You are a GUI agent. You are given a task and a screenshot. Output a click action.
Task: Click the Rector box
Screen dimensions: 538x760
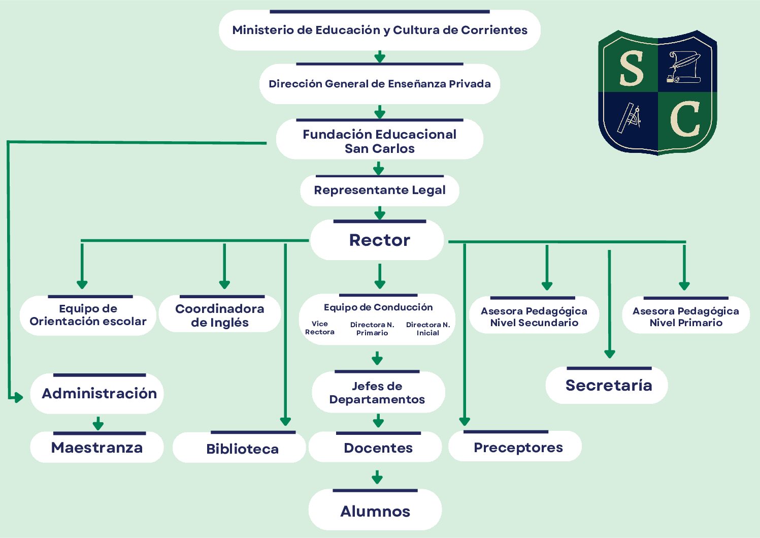click(379, 240)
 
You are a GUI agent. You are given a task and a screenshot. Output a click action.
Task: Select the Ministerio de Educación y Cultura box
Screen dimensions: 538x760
click(379, 30)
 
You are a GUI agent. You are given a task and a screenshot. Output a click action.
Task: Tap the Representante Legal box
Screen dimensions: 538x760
click(379, 191)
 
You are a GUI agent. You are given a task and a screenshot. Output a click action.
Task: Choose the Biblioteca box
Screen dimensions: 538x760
click(242, 449)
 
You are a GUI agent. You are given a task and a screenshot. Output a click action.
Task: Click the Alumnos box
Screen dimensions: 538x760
click(375, 511)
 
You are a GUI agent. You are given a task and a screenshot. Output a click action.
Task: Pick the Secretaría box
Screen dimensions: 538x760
click(608, 386)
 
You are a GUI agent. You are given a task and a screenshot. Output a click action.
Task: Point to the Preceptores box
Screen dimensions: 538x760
click(517, 448)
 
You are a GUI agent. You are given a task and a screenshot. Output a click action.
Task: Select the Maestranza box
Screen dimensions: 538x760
click(97, 448)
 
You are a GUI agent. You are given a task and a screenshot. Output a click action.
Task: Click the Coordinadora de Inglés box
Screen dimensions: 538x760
click(219, 315)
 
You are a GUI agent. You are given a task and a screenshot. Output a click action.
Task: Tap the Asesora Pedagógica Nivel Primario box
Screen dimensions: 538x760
click(685, 317)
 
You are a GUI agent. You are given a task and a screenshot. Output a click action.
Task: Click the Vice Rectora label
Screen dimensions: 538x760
click(320, 328)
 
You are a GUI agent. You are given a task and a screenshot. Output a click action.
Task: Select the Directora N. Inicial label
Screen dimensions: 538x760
click(428, 329)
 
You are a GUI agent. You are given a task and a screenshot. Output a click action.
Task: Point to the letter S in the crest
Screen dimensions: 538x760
click(632, 69)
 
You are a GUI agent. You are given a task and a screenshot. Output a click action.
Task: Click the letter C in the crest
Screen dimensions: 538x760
click(685, 120)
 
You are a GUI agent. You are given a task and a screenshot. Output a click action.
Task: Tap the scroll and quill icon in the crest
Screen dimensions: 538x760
click(683, 67)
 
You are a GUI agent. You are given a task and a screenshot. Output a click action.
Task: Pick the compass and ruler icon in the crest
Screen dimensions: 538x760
click(630, 118)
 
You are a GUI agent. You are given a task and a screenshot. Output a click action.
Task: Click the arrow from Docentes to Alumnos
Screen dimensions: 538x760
click(377, 477)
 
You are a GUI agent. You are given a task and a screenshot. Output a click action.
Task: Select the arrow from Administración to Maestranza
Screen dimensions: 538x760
click(98, 423)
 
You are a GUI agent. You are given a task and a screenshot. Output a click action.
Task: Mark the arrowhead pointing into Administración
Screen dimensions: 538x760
click(18, 397)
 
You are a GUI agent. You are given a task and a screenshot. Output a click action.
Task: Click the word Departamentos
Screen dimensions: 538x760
click(377, 400)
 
